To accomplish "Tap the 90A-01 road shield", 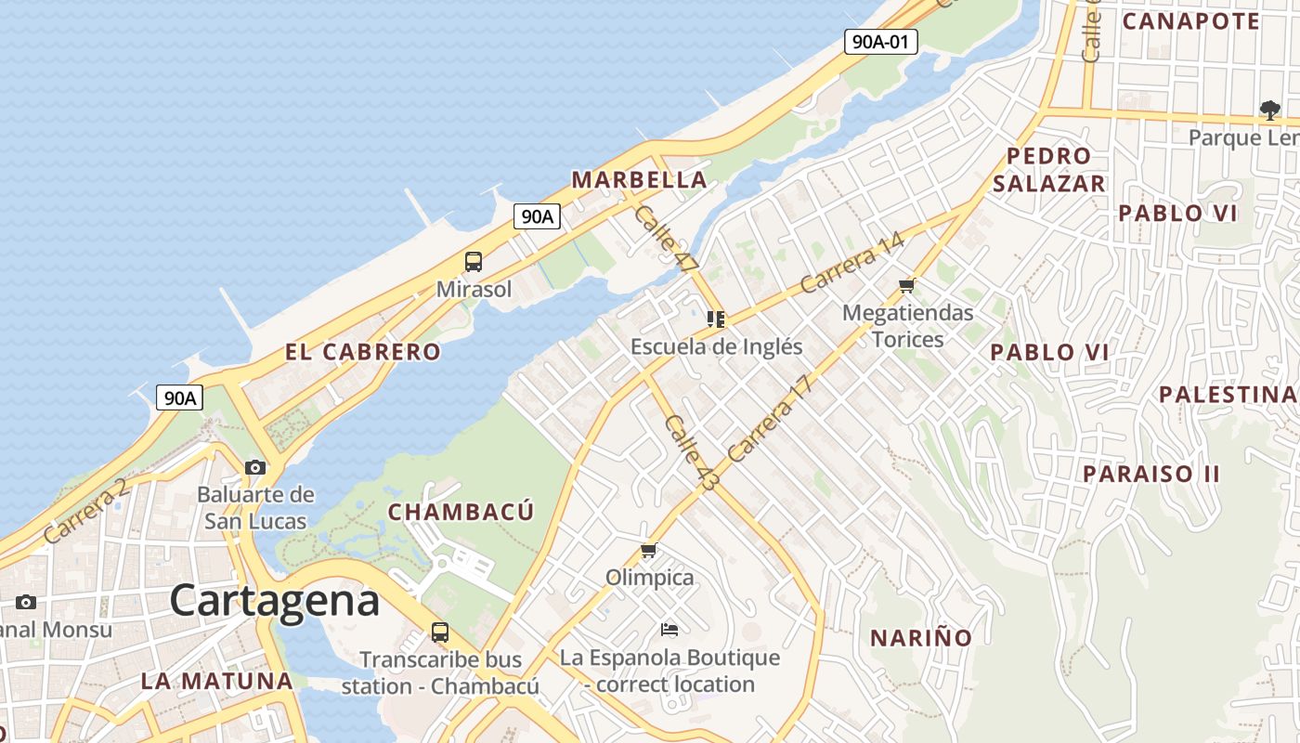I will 880,41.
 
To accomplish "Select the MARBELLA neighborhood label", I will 639,179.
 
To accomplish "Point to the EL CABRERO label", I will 362,352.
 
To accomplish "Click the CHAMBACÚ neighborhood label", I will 461,512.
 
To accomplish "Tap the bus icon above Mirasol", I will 474,262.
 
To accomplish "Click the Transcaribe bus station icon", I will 440,632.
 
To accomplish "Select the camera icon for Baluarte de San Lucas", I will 255,467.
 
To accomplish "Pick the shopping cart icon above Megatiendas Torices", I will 907,285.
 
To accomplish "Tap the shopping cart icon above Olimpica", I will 649,551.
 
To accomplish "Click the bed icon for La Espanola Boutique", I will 669,630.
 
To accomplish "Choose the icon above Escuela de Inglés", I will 716,319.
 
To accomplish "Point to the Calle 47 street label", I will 665,239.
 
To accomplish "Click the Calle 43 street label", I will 693,452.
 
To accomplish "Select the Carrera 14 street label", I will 852,263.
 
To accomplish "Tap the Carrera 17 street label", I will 770,418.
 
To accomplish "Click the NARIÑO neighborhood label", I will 920,638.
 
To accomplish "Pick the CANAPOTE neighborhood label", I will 1191,20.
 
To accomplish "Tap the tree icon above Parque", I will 1269,111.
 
